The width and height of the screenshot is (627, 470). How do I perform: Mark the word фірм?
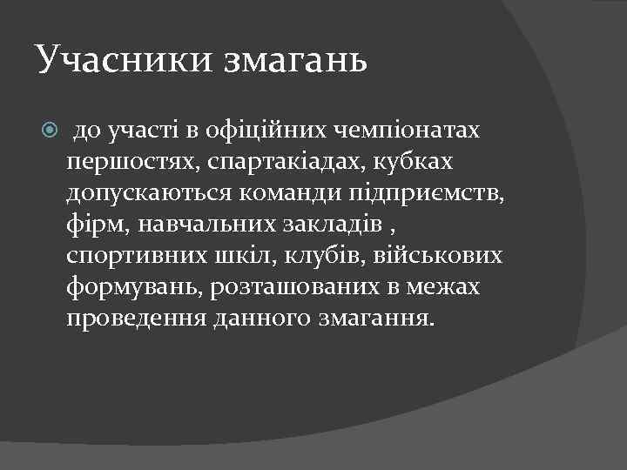(92, 225)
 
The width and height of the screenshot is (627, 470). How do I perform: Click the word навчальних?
(195, 225)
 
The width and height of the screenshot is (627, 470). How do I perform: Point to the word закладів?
(331, 225)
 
